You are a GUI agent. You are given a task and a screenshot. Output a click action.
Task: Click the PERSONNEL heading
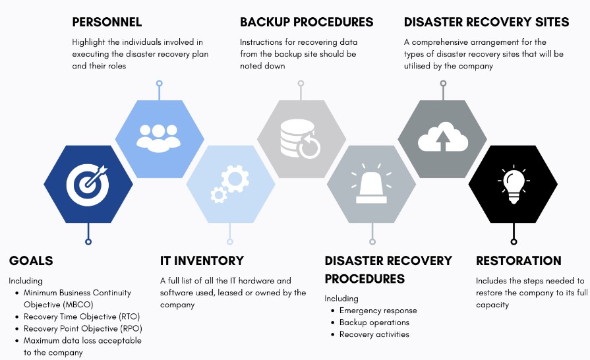pos(107,22)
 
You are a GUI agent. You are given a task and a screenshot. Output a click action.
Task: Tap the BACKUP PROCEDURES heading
pos(307,22)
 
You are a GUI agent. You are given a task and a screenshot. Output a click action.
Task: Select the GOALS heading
pos(31,260)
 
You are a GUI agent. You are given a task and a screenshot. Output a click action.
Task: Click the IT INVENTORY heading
pos(202,260)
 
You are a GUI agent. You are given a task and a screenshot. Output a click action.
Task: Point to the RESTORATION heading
pos(519,260)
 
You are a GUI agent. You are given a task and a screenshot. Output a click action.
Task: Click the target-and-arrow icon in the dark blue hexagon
pos(87,185)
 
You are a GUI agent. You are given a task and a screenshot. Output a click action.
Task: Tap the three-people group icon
pos(158,138)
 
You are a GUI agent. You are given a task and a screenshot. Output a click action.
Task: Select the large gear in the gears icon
pos(235,179)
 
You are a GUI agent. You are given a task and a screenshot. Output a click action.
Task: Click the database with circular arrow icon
pos(300,138)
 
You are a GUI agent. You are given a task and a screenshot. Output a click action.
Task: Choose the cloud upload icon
pos(443,137)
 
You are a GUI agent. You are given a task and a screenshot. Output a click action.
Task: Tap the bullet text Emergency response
pos(378,311)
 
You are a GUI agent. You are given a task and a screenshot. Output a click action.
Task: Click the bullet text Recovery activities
pos(374,334)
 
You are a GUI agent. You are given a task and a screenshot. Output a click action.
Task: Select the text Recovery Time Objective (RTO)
pos(82,316)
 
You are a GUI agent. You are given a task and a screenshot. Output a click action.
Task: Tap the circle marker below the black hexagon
pos(514,241)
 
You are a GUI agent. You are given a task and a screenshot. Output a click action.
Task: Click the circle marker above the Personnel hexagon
pos(159,83)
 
